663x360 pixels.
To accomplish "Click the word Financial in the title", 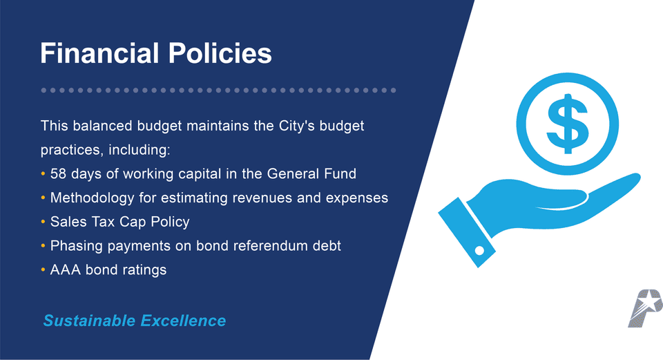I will point(96,53).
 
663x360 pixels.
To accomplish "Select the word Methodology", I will point(93,198).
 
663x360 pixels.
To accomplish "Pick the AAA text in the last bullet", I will point(66,269).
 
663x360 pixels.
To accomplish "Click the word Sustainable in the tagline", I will point(89,321).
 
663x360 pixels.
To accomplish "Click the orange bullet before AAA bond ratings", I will point(44,270).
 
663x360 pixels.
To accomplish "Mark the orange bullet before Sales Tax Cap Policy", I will point(44,222).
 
